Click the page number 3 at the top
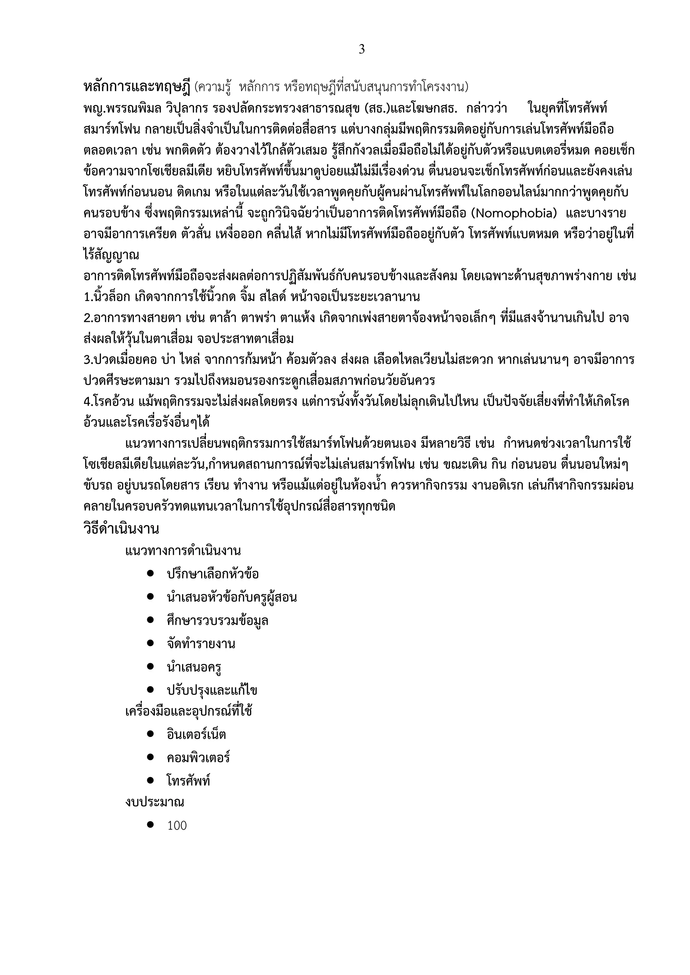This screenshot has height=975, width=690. [x=362, y=50]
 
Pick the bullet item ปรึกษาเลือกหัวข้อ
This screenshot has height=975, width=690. [x=213, y=574]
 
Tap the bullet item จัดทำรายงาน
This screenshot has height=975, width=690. [x=201, y=644]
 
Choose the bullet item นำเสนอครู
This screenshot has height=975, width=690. [x=194, y=667]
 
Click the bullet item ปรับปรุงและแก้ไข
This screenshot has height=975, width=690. [x=212, y=691]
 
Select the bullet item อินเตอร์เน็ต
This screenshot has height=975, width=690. [x=196, y=734]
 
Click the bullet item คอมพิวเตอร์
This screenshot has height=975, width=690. [x=198, y=758]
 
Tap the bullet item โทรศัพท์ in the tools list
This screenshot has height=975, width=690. [x=189, y=781]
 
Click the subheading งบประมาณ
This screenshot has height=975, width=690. [x=155, y=802]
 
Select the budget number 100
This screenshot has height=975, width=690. [x=177, y=826]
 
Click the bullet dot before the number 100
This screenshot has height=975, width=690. [x=150, y=825]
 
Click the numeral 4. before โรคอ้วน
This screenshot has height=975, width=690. [x=88, y=402]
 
